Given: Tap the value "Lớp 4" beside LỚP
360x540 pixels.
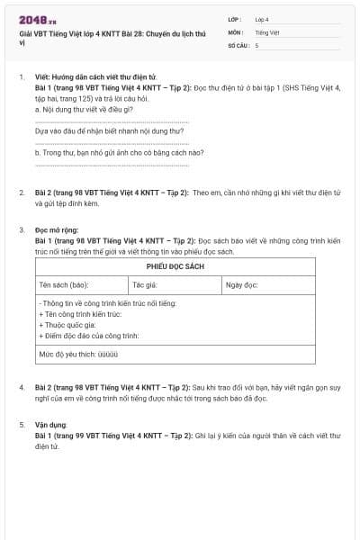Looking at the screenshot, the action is [262, 19].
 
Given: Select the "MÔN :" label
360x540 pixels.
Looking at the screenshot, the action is [236, 31].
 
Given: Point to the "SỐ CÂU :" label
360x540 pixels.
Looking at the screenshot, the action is [239, 44].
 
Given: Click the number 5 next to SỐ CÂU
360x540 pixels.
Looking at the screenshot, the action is [256, 44].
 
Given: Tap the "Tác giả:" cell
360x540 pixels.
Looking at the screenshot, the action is [145, 284].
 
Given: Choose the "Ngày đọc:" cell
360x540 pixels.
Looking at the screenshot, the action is [242, 284].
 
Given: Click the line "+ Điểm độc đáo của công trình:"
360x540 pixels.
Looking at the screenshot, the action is [88, 336].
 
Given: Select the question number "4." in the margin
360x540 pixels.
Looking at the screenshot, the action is [22, 386].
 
